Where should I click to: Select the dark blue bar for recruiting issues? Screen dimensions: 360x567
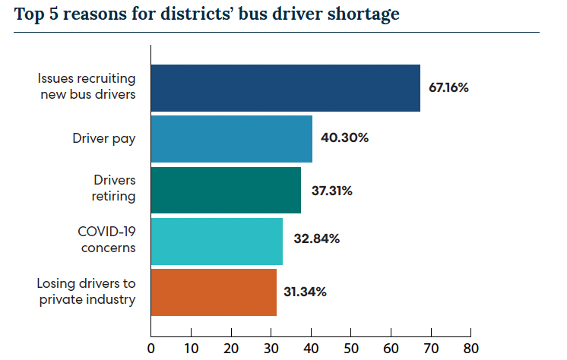pyautogui.click(x=285, y=88)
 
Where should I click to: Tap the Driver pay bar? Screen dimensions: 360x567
pyautogui.click(x=232, y=138)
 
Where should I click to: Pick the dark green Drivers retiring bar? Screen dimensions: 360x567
pyautogui.click(x=226, y=190)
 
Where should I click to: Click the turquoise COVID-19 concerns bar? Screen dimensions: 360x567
pyautogui.click(x=217, y=241)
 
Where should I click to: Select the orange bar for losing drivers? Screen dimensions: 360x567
pyautogui.click(x=214, y=292)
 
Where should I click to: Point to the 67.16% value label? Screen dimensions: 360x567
pyautogui.click(x=448, y=87)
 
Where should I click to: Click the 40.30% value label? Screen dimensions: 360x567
pyautogui.click(x=344, y=138)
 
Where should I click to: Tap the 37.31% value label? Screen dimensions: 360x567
pyautogui.click(x=332, y=190)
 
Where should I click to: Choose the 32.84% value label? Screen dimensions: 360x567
pyautogui.click(x=316, y=239)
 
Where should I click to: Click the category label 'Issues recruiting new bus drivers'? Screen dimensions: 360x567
pyautogui.click(x=87, y=87)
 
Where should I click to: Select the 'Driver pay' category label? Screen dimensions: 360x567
pyautogui.click(x=104, y=138)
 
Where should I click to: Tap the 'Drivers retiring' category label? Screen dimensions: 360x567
pyautogui.click(x=114, y=189)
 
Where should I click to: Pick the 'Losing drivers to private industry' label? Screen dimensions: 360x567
pyautogui.click(x=86, y=292)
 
